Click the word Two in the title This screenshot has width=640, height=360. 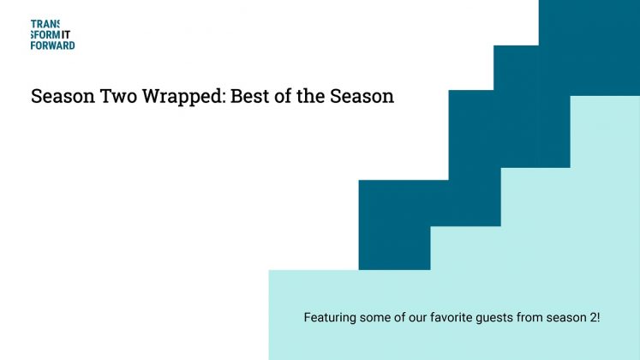coord(109,97)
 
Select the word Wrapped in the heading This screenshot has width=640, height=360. coord(179,97)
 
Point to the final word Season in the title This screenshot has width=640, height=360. coord(365,97)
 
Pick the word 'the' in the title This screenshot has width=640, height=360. coord(318,97)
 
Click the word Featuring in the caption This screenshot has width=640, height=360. coord(330,317)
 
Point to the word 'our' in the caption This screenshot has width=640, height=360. coord(417,317)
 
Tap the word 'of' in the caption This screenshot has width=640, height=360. coord(401,317)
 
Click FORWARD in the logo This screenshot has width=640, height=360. coord(52,45)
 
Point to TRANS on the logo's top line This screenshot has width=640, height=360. coord(45,25)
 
